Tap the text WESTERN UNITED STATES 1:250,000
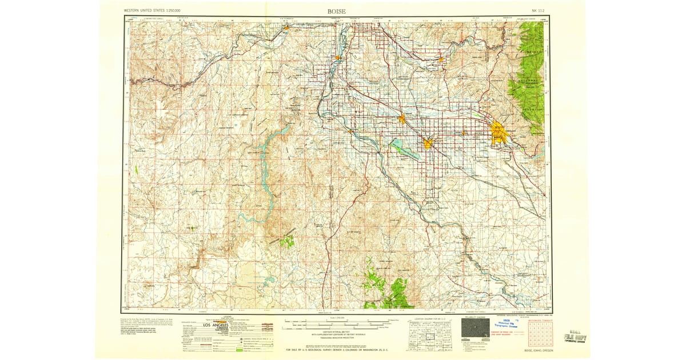[x=152, y=11]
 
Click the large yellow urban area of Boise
[x=498, y=132]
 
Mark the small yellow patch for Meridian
[x=464, y=133]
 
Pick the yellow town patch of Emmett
[x=441, y=58]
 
